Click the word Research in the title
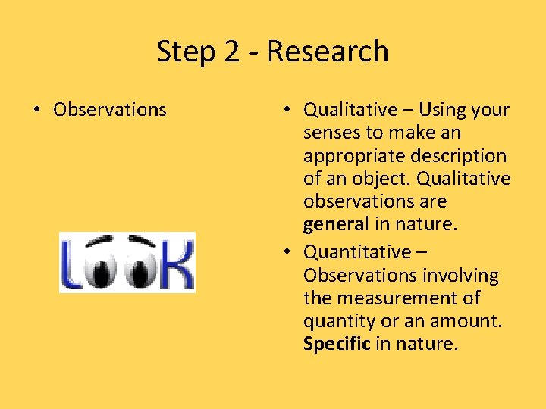[x=328, y=52]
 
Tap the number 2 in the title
[x=232, y=52]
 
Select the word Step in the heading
[x=185, y=52]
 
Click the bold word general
[x=336, y=224]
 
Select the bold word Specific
[x=337, y=344]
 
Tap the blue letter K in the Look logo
[x=180, y=264]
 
